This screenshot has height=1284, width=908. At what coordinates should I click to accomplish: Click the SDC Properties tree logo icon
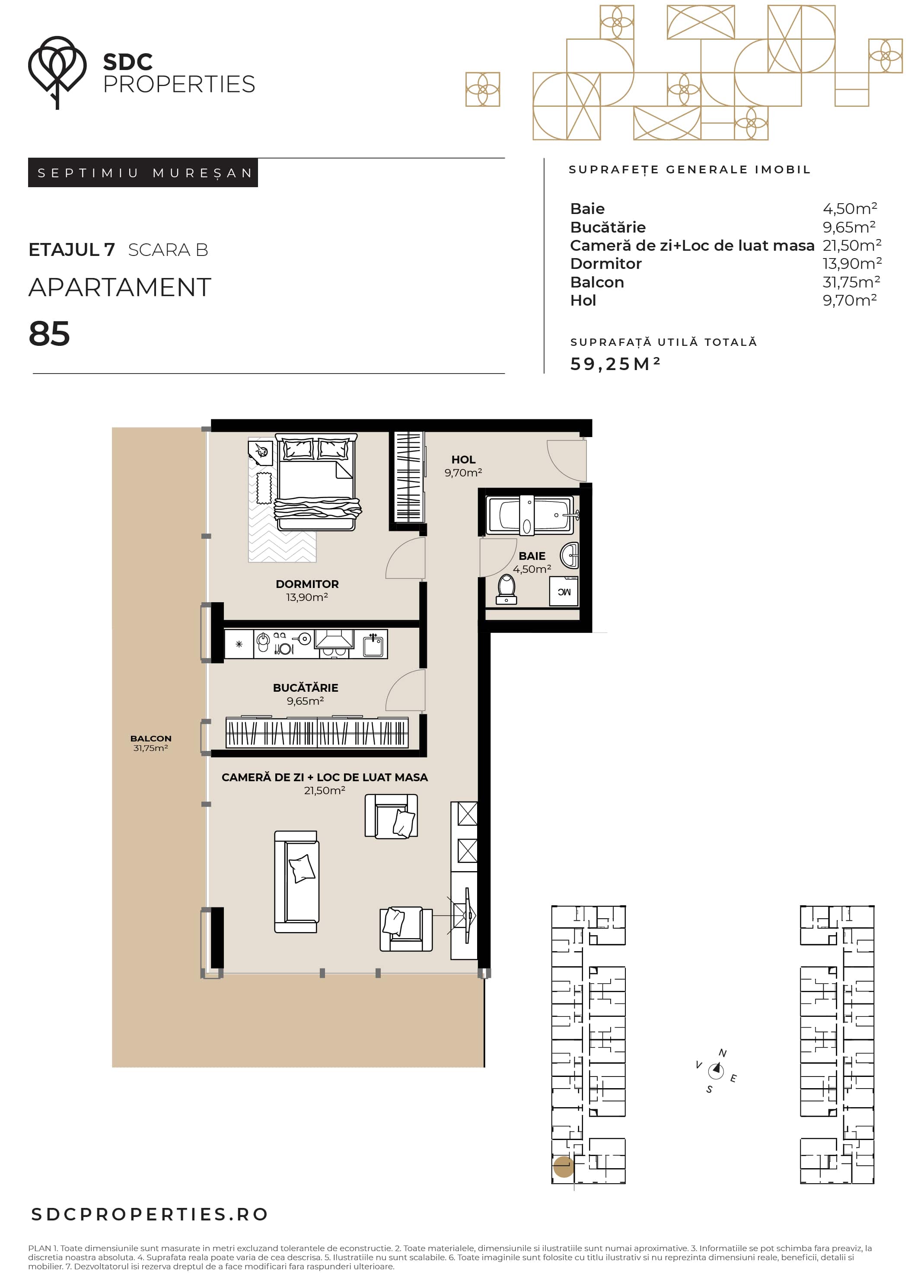57,72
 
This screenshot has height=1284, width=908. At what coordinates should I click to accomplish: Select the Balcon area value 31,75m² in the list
851,282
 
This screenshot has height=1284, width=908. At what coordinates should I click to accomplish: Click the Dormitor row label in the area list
605,263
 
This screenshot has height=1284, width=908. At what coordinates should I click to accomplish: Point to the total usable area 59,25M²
615,364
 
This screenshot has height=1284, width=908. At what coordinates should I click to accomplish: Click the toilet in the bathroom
507,589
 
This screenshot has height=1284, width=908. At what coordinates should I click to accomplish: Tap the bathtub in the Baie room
530,515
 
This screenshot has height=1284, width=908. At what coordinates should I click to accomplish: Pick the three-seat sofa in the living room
297,882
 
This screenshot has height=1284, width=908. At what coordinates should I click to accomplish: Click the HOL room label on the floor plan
463,460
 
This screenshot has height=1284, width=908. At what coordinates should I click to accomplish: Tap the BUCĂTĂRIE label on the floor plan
305,688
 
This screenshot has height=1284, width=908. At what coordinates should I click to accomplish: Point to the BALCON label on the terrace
151,739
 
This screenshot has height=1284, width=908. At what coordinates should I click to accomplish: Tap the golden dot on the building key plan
564,1167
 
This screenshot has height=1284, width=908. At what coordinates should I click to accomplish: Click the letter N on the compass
722,1053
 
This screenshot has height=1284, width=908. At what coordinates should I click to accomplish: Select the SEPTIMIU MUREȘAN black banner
143,173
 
